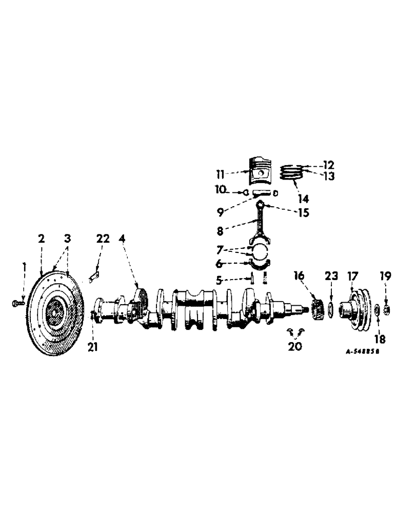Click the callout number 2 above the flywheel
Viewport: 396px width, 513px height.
pyautogui.click(x=41, y=239)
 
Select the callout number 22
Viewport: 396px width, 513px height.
pyautogui.click(x=103, y=239)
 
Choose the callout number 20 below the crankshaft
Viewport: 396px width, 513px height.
pyautogui.click(x=295, y=346)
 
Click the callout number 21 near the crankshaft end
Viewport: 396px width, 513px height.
pyautogui.click(x=92, y=347)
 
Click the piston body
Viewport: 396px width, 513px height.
pyautogui.click(x=260, y=172)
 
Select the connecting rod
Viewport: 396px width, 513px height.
pyautogui.click(x=261, y=221)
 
